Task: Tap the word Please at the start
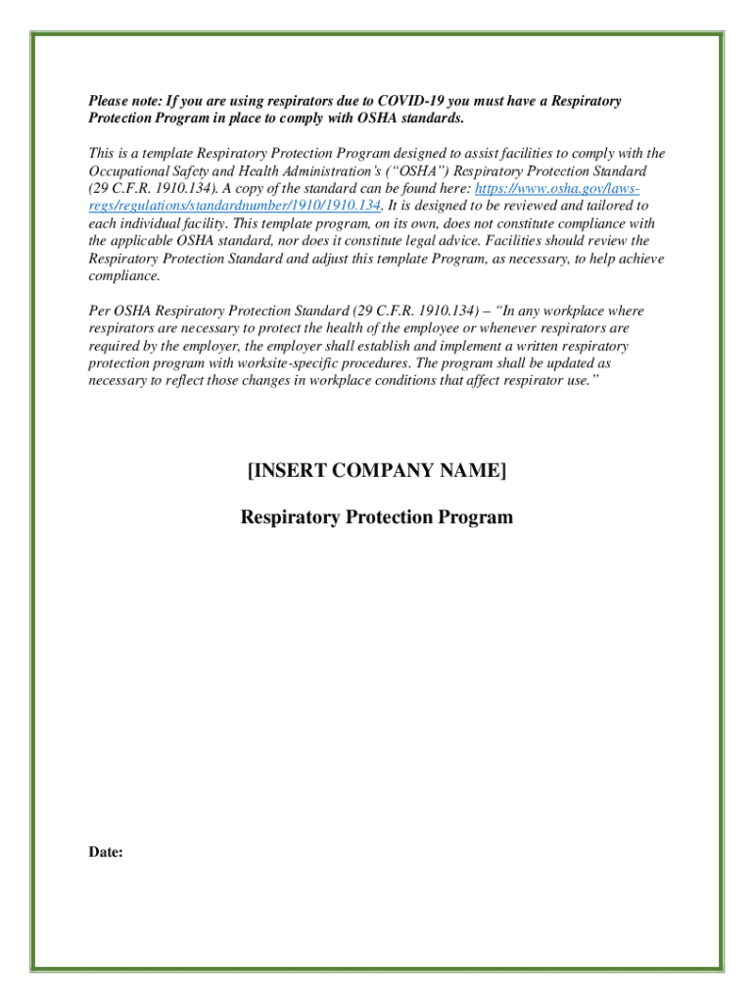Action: click(x=108, y=101)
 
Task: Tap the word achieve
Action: click(x=638, y=259)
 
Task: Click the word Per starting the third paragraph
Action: click(x=98, y=311)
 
